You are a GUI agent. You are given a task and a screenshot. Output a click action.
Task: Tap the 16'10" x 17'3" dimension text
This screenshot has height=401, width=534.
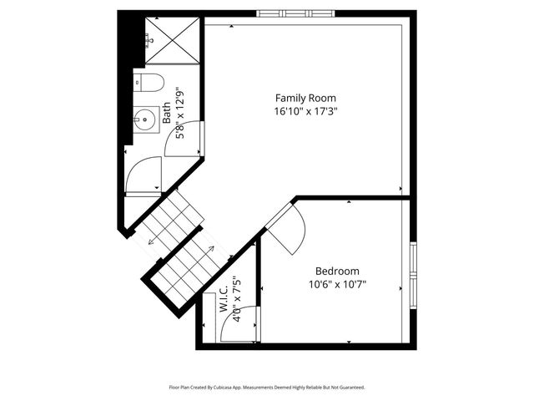pos(305,111)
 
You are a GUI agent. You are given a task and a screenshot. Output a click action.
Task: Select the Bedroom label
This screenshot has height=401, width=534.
pos(337,271)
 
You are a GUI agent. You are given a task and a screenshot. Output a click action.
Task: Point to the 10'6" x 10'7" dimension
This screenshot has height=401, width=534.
pos(337,284)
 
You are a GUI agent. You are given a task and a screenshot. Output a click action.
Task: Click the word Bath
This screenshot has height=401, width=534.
pos(166,113)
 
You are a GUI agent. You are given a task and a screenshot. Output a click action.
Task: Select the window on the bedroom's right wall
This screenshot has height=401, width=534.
pos(413,277)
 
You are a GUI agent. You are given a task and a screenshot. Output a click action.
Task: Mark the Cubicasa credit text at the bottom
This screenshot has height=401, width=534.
pos(267,388)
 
